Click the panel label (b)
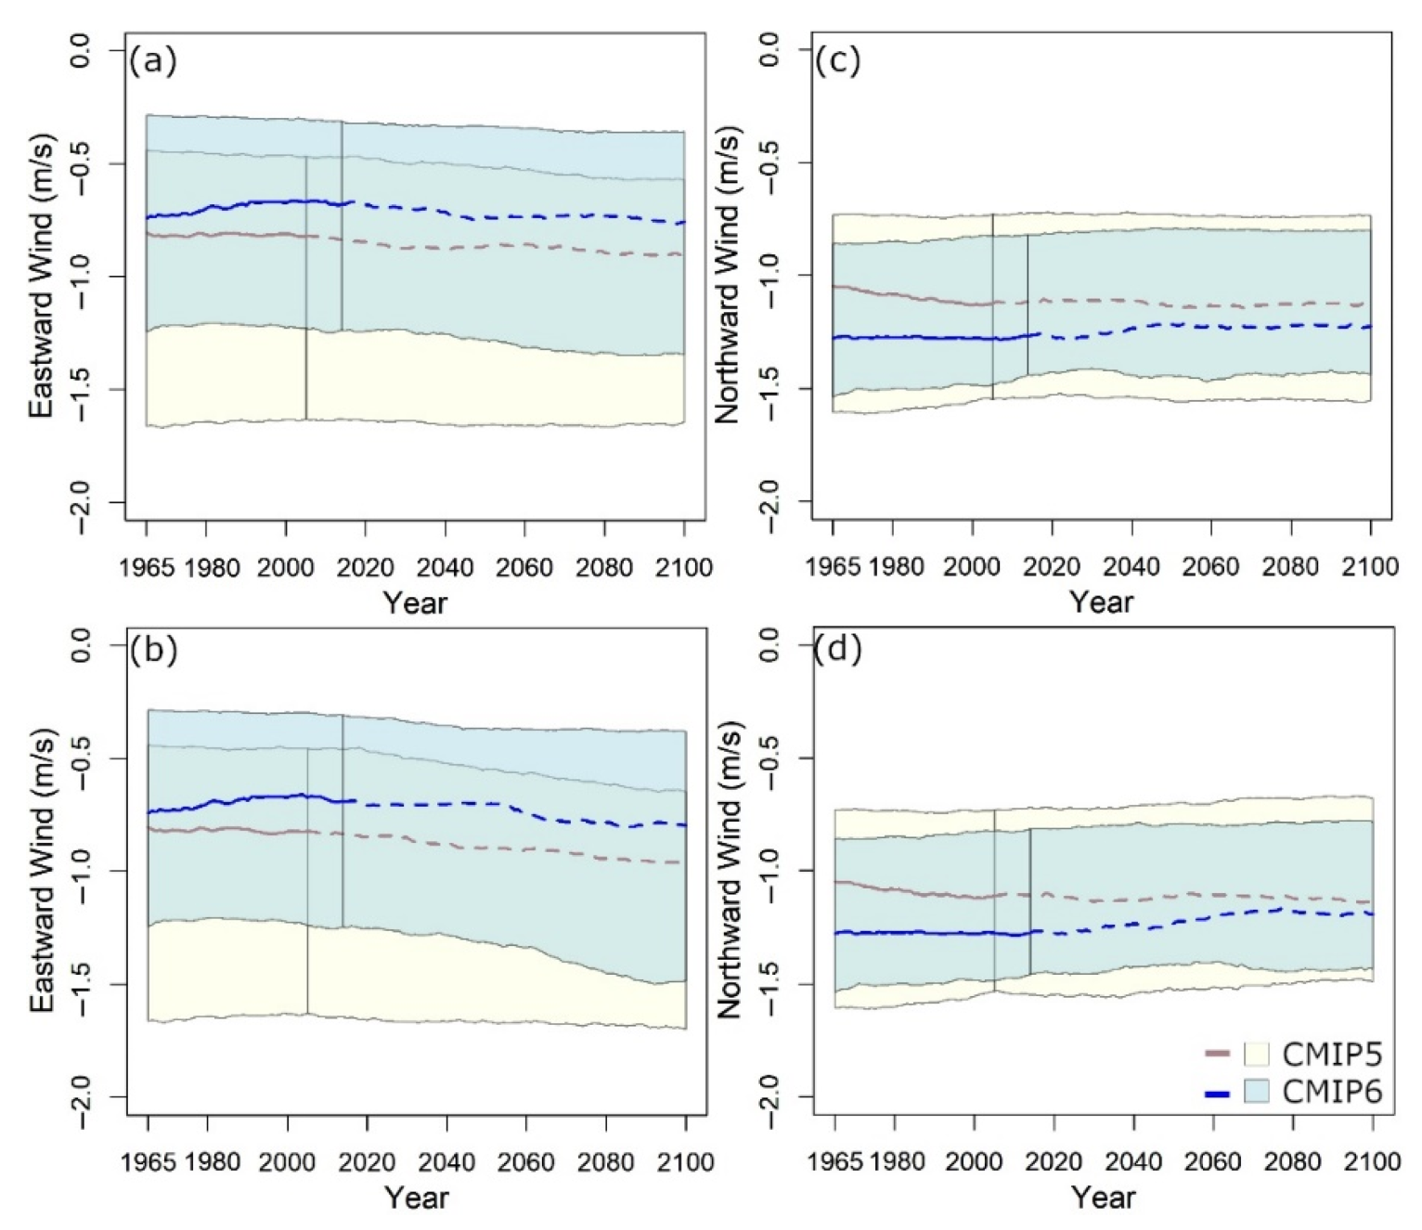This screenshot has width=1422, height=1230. coord(153,650)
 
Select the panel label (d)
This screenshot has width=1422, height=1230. coord(837,649)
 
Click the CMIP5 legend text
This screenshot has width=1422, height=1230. coord(1332,1055)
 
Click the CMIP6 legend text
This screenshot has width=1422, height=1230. coord(1332,1092)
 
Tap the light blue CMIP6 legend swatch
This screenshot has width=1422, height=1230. coord(1256,1092)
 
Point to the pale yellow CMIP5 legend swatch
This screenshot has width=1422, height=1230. coord(1256,1055)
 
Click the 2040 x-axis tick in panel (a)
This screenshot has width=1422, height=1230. coord(445,567)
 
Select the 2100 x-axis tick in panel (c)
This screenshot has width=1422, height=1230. coord(1370,567)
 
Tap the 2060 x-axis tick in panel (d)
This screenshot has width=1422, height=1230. coord(1213,1162)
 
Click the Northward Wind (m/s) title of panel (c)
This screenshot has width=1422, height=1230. coord(729,276)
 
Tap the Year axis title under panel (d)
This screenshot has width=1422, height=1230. coord(1103,1198)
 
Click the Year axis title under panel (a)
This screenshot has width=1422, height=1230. coord(415,603)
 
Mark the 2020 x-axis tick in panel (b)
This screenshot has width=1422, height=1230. coord(367,1162)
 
